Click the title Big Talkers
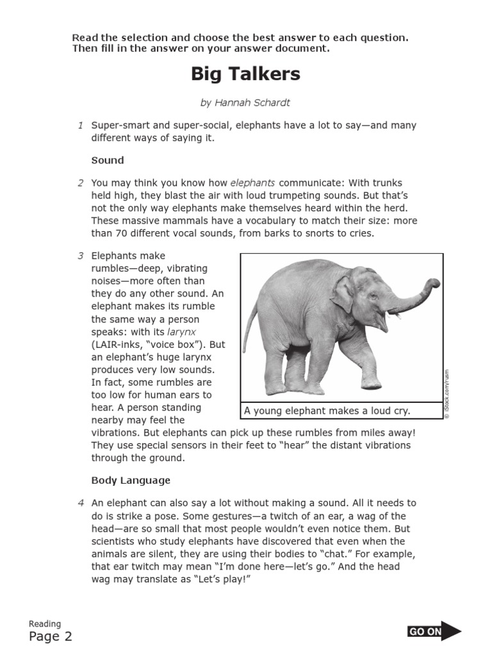point(245,74)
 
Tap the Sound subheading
point(108,160)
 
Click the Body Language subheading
point(131,480)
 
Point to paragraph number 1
point(81,126)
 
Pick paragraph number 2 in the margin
point(81,183)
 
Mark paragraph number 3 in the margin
point(81,256)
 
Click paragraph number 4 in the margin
point(81,504)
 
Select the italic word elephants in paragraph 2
point(252,183)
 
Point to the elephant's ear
point(343,294)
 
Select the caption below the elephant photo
point(327,411)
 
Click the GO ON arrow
point(434,632)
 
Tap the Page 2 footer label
point(51,637)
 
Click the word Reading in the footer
point(45,623)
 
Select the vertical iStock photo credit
point(447,394)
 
